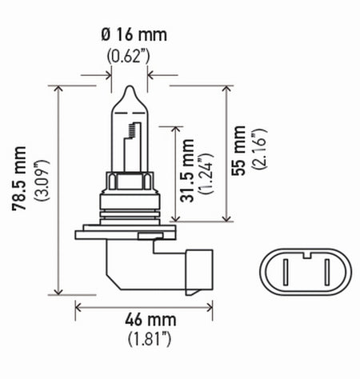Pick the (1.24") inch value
[206, 171]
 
